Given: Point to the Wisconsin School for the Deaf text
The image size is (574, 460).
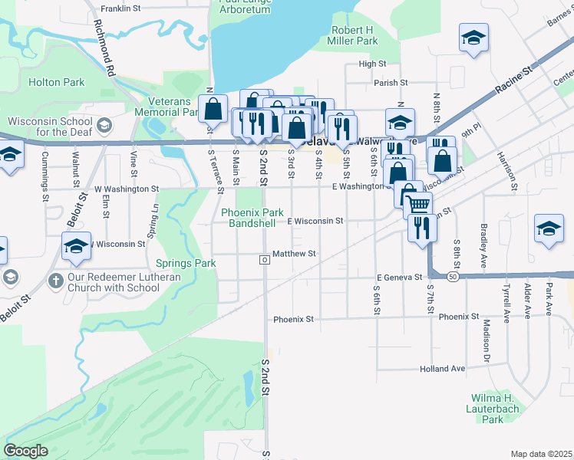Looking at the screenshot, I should coord(50,127).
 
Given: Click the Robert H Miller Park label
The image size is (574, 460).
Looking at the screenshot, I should coord(354,35).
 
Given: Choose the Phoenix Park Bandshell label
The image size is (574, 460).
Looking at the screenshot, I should coord(252,218).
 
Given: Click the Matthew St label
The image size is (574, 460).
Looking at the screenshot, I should coord(295,254).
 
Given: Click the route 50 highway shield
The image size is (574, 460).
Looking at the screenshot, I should coord(454,276).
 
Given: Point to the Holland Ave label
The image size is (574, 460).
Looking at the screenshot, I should coord(443,369).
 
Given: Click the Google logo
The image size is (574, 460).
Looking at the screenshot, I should coord(25,451).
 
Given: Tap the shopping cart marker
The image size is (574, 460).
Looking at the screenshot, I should coord(417,205).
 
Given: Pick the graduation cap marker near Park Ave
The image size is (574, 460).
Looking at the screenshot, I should coord(549,229).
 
